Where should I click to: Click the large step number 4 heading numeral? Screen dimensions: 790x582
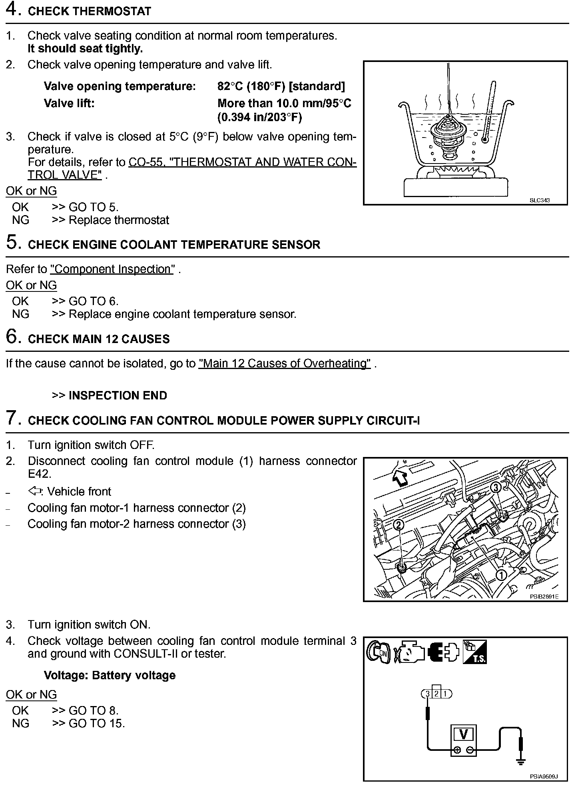tap(12, 10)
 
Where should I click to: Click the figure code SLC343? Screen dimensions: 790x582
tap(539, 200)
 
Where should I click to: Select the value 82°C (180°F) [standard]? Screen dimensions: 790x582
tap(281, 86)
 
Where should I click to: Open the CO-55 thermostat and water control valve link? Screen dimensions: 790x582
tap(242, 162)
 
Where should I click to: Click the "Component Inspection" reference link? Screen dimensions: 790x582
tap(112, 269)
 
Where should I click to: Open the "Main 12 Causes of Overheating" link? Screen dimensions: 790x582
tap(285, 363)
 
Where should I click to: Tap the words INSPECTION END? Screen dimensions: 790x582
tap(118, 395)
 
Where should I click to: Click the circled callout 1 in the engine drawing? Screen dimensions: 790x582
tap(501, 575)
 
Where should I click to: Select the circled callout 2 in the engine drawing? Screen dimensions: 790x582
tap(399, 525)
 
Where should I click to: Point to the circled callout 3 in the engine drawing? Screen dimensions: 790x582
tap(495, 487)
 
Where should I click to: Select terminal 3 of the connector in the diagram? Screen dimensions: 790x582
tap(427, 694)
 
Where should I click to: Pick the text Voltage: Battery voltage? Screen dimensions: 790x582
tap(110, 675)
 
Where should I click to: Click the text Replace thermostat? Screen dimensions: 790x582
tap(119, 220)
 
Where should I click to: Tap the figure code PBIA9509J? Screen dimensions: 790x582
tap(543, 777)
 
